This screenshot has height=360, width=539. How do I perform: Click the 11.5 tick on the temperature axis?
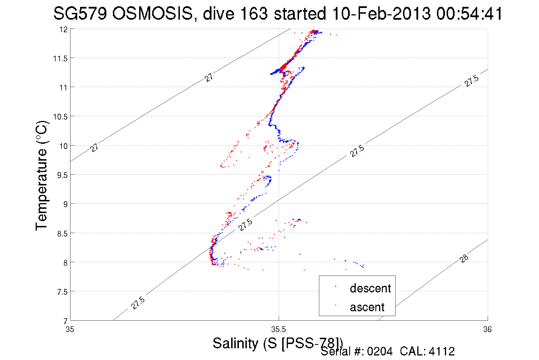[x=60, y=59]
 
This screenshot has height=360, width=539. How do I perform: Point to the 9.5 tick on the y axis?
[x=62, y=175]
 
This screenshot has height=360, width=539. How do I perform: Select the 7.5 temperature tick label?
[x=62, y=292]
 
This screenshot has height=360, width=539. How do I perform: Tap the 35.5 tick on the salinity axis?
[x=278, y=330]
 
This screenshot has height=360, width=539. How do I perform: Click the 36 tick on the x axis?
[x=487, y=330]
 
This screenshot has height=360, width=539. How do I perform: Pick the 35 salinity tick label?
[x=70, y=330]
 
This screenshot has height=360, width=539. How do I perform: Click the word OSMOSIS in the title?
[x=152, y=13]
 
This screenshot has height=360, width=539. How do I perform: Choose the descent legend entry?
[x=370, y=288]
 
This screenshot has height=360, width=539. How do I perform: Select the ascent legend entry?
[x=367, y=307]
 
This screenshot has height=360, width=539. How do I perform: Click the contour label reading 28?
[x=464, y=259]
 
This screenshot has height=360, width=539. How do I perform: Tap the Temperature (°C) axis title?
[x=42, y=175]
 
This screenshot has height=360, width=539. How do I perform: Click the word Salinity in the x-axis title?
[x=235, y=343]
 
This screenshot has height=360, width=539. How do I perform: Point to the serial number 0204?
[x=380, y=351]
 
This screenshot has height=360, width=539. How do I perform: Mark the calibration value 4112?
[x=442, y=351]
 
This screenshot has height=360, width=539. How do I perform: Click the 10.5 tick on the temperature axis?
[x=60, y=117]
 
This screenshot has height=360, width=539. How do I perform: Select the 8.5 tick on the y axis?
[x=62, y=234]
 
